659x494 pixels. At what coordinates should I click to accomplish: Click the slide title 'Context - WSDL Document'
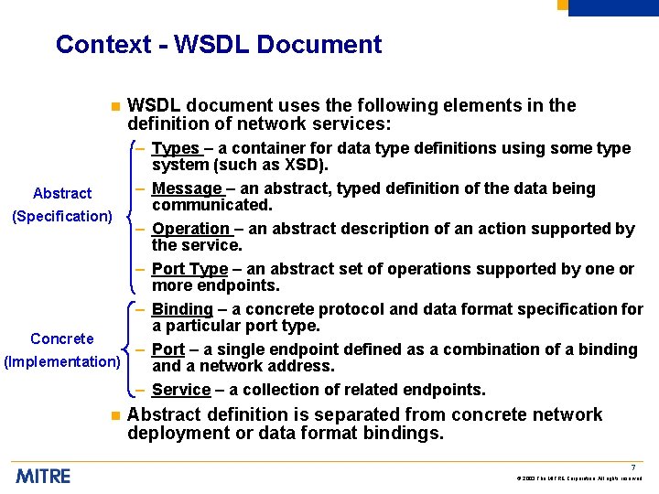point(219,44)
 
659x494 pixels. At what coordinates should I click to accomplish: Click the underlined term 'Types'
point(175,148)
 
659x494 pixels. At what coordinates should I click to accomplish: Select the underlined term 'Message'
point(187,188)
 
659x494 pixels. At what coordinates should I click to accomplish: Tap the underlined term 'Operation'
point(191,229)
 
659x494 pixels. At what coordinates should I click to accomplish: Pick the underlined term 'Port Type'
point(189,269)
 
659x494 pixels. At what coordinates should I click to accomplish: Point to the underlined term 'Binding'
point(182,309)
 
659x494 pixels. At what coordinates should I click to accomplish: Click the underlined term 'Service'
point(181,390)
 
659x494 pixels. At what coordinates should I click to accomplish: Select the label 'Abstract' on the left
point(62,193)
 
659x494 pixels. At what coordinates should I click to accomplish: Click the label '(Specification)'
point(61,216)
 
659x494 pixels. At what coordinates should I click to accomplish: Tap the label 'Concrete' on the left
point(62,338)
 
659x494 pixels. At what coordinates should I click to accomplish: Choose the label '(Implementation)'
point(62,361)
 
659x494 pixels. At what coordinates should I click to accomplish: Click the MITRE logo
point(43,476)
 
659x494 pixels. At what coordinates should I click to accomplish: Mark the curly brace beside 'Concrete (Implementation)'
point(126,349)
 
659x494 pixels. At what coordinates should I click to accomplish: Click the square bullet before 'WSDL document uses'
point(114,106)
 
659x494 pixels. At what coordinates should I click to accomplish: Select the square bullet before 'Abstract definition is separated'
point(114,415)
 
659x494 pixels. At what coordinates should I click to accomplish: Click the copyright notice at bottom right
point(578,478)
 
